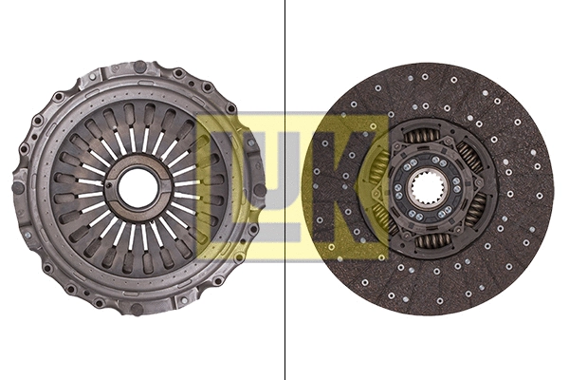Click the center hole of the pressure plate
pyautogui.click(x=138, y=188)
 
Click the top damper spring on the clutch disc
pyautogui.click(x=423, y=137)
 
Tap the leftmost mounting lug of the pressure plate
pyautogui.click(x=19, y=186)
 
